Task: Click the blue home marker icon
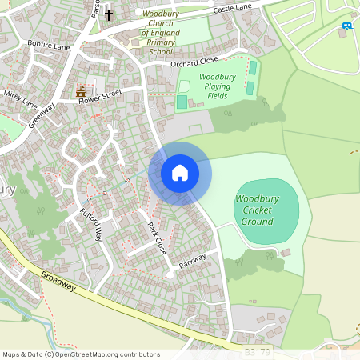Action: click(180, 173)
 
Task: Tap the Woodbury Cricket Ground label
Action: click(258, 209)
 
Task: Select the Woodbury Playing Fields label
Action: click(206, 86)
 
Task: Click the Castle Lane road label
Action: click(233, 9)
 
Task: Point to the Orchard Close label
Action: click(194, 62)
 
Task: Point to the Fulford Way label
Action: click(90, 226)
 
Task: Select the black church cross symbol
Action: click(109, 14)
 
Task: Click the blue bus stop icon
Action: click(346, 26)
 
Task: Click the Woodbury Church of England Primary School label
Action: click(160, 33)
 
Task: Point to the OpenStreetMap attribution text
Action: click(81, 354)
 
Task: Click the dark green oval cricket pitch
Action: click(266, 210)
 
